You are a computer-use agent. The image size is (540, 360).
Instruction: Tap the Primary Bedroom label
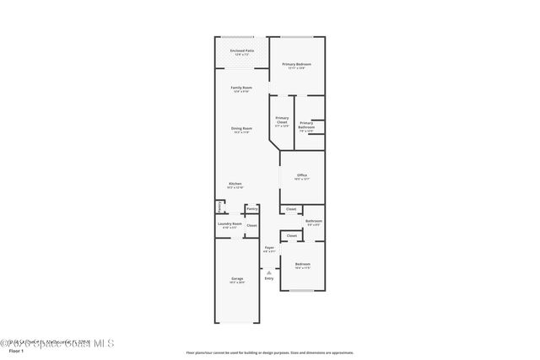[295, 65]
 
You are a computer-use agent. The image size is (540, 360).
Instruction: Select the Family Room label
[241, 89]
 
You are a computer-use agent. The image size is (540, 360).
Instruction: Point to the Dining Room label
[241, 129]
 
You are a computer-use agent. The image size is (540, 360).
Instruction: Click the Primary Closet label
[282, 120]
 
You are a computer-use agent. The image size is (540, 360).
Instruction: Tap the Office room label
[301, 176]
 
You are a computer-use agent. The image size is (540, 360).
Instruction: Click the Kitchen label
[235, 185]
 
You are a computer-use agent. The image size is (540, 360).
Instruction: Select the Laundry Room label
[231, 224]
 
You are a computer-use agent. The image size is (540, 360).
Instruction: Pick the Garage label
[237, 279]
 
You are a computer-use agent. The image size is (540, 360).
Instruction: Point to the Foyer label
[268, 248]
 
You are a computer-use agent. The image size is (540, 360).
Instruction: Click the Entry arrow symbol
[268, 271]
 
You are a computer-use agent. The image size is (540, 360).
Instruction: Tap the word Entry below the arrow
[268, 278]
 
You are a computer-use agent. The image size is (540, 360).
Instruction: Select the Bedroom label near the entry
[302, 265]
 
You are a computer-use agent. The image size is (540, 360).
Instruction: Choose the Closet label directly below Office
[291, 209]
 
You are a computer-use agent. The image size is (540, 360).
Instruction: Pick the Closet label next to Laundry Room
[251, 225]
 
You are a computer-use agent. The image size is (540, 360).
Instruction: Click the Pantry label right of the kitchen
[251, 207]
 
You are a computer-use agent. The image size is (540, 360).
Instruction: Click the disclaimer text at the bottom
[270, 352]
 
